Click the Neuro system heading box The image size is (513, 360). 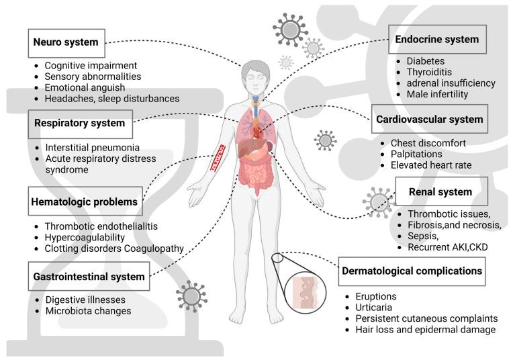[66, 42]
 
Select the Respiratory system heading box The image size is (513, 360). [80, 124]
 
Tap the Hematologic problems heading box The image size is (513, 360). [84, 201]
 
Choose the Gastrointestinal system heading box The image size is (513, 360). [87, 276]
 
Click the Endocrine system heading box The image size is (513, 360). [436, 40]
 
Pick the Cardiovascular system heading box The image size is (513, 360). [428, 120]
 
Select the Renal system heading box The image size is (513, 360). [440, 192]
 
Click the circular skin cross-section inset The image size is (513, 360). [304, 290]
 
